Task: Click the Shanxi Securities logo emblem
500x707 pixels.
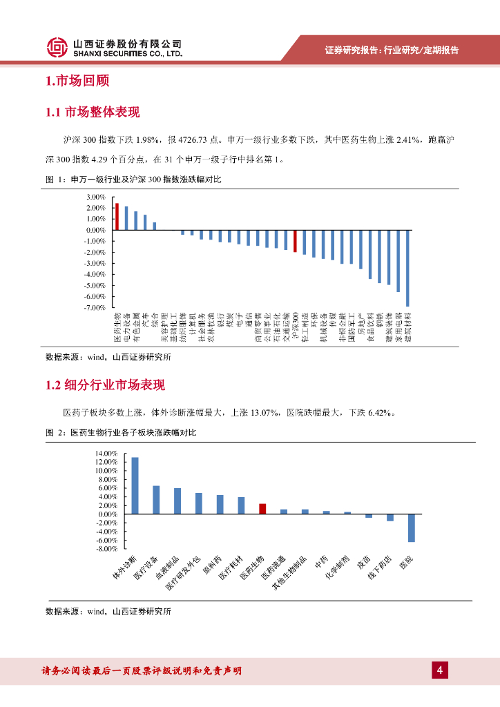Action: pyautogui.click(x=58, y=47)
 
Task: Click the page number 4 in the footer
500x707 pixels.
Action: pyautogui.click(x=439, y=670)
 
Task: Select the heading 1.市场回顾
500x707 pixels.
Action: pyautogui.click(x=77, y=81)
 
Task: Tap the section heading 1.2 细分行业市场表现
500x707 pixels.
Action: pyautogui.click(x=105, y=385)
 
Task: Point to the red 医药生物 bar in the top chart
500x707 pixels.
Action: pyautogui.click(x=117, y=216)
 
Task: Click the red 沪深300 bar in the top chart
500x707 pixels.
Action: pyautogui.click(x=295, y=241)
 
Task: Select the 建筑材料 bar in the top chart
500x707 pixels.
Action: pyautogui.click(x=407, y=268)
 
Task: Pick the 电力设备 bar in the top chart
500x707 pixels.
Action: pyautogui.click(x=126, y=217)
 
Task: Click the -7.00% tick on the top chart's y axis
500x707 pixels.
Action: pyautogui.click(x=95, y=307)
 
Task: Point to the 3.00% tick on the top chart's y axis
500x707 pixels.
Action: pyautogui.click(x=95, y=197)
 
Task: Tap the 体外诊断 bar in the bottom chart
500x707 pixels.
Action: pyautogui.click(x=135, y=485)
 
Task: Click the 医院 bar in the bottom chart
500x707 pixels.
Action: pyautogui.click(x=411, y=527)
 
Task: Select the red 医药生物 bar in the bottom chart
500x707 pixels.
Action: pyautogui.click(x=262, y=509)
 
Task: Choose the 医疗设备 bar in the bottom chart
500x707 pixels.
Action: pyautogui.click(x=156, y=500)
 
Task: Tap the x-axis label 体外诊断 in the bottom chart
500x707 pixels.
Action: pyautogui.click(x=125, y=567)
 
